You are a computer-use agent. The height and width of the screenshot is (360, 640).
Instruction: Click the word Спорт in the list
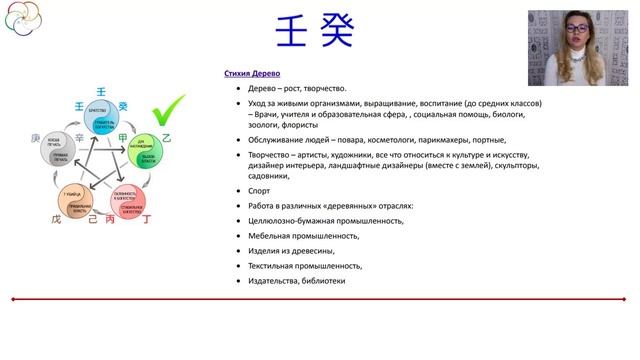click(259, 190)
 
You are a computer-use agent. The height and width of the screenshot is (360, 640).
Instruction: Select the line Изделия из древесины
click(291, 251)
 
